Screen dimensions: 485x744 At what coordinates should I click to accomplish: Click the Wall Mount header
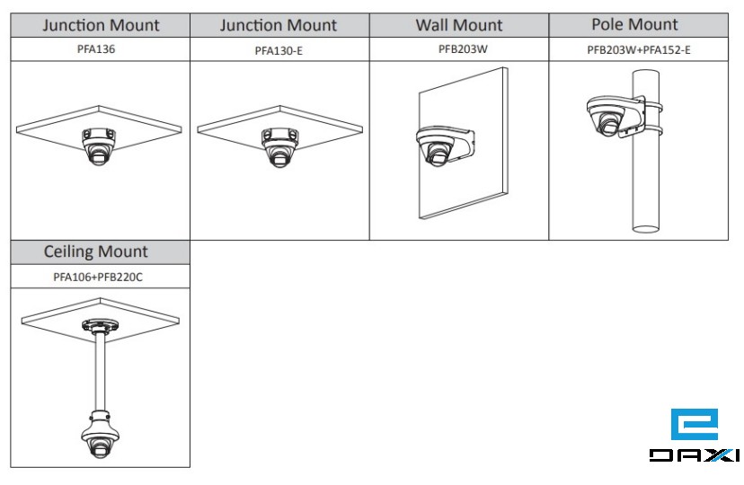click(458, 25)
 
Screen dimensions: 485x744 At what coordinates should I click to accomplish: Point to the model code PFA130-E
click(279, 50)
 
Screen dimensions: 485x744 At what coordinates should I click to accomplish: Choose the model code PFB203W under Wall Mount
click(458, 49)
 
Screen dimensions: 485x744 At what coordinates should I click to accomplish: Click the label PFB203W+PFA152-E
click(638, 49)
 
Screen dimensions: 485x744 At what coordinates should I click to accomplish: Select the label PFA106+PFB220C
click(98, 277)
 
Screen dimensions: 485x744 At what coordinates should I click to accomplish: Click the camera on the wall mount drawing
click(437, 146)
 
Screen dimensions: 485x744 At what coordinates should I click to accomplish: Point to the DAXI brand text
click(693, 456)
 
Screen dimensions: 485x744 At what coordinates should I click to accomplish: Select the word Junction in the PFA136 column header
click(71, 25)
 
